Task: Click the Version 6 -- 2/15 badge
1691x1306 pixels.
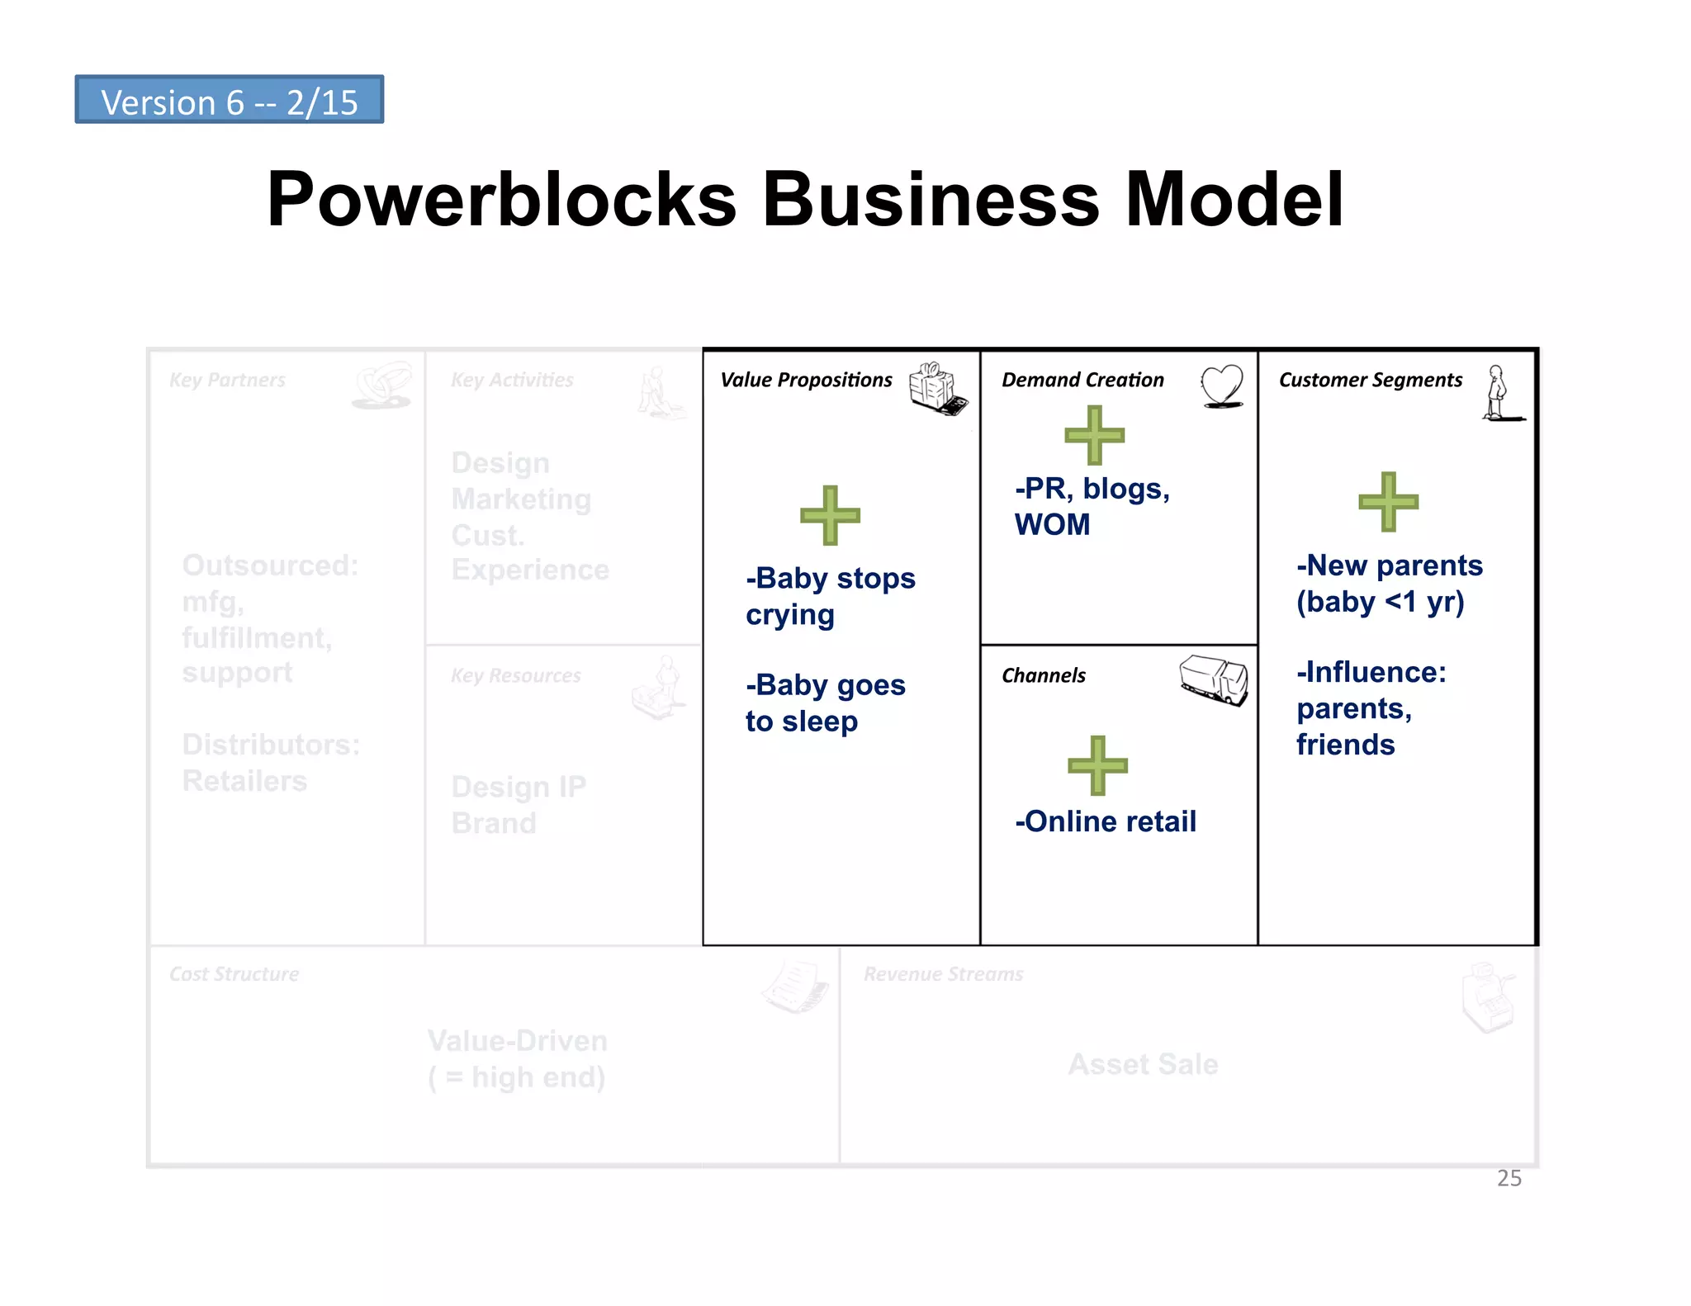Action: [229, 100]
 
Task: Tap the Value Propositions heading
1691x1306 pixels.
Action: [806, 380]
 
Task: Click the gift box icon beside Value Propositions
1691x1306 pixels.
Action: [937, 388]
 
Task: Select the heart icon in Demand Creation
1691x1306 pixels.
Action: [1222, 386]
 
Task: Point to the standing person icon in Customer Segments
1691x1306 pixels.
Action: [1498, 394]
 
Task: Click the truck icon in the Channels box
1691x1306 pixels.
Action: [1214, 679]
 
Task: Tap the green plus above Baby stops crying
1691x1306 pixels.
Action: [830, 515]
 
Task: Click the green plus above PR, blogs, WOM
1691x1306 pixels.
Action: [1094, 435]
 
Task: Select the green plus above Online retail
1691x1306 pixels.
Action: [1097, 765]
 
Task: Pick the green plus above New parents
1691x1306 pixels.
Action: [1388, 501]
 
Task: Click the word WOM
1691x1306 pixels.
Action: [1052, 525]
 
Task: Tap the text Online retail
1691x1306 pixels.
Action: [1106, 821]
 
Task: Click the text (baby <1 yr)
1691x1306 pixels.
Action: [1380, 602]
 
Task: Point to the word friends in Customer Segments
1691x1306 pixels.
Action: [1345, 745]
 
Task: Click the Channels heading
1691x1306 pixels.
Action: [1044, 675]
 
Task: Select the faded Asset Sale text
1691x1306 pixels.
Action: [1143, 1064]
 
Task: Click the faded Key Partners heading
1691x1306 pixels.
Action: [227, 380]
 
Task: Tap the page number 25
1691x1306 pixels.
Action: [1509, 1178]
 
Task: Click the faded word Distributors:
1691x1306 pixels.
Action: [271, 745]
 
